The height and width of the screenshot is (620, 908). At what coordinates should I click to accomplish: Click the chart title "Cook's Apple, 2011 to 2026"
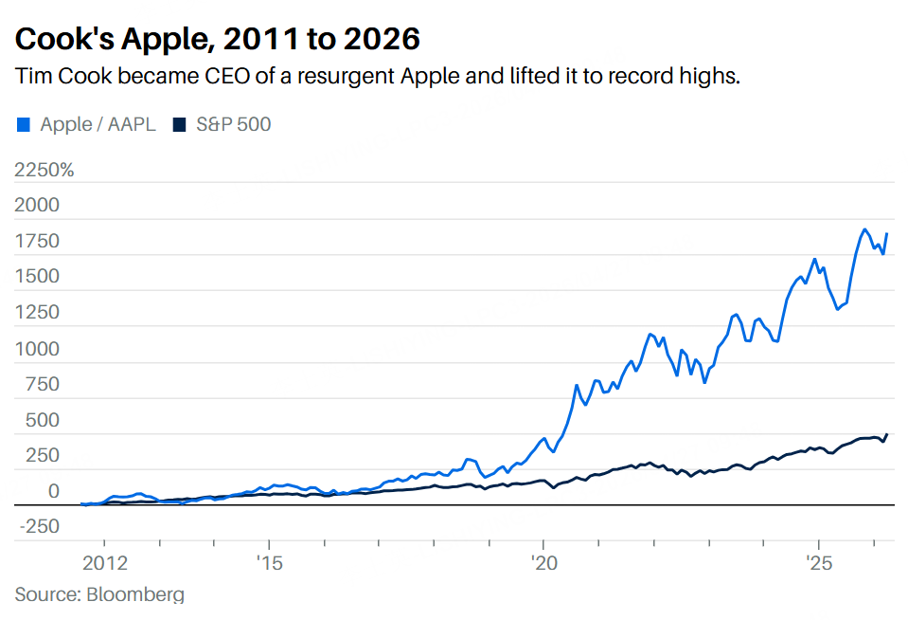[218, 39]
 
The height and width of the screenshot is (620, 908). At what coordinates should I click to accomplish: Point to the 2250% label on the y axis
[44, 170]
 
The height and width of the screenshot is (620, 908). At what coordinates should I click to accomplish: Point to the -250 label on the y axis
[38, 527]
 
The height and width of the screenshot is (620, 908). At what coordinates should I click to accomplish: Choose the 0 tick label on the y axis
[53, 491]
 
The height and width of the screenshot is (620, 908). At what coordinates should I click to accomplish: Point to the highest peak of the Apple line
[864, 229]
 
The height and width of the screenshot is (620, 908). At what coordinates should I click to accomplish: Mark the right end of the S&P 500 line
[887, 435]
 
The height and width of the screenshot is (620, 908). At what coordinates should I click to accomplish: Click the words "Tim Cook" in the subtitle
[58, 77]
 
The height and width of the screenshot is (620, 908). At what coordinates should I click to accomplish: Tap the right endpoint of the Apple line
[887, 234]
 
